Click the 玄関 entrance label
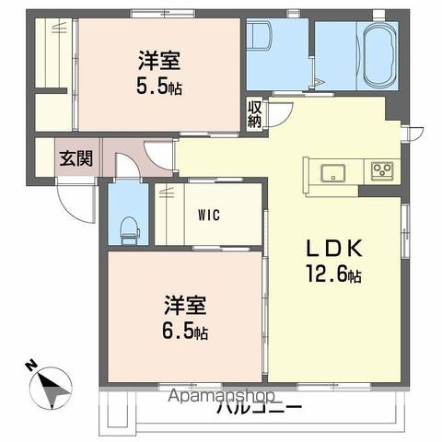(x=76, y=157)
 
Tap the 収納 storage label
(x=254, y=114)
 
